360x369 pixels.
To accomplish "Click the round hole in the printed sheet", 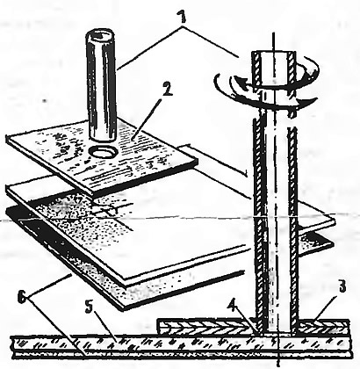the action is tap(103, 152).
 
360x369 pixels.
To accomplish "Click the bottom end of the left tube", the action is tap(103, 137).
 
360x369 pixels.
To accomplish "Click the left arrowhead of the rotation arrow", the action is tap(239, 81).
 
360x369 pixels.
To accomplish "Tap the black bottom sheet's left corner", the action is tap(8, 208).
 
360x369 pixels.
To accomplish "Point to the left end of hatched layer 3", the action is tap(158, 327).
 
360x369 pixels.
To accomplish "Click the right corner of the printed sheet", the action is tap(197, 160).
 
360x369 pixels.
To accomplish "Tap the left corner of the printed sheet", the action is tap(7, 139).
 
